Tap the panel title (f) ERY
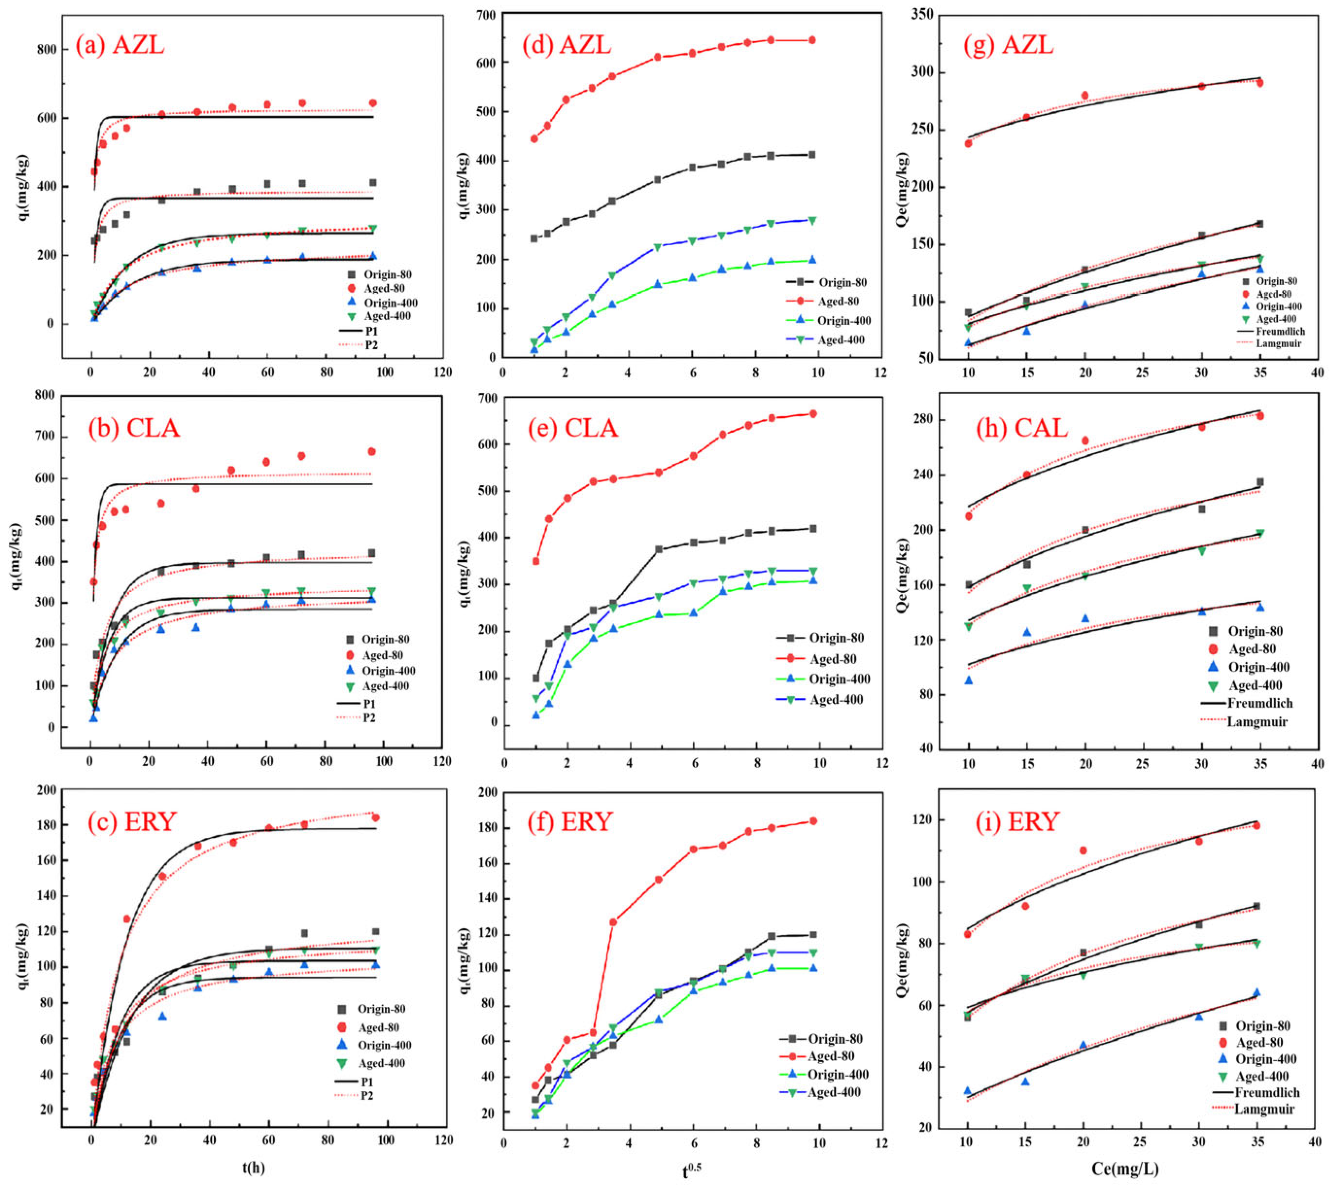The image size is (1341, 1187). click(x=570, y=821)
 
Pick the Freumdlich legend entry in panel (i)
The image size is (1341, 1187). click(x=1266, y=1093)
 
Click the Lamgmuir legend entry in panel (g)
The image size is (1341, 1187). click(x=1278, y=343)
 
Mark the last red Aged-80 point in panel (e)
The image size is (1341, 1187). click(x=813, y=414)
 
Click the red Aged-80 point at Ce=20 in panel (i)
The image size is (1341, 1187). click(x=1083, y=850)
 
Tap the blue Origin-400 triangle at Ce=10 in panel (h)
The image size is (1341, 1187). click(x=968, y=680)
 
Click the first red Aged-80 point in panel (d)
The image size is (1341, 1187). click(x=534, y=139)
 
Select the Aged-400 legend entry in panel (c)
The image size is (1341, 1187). click(x=383, y=1064)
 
